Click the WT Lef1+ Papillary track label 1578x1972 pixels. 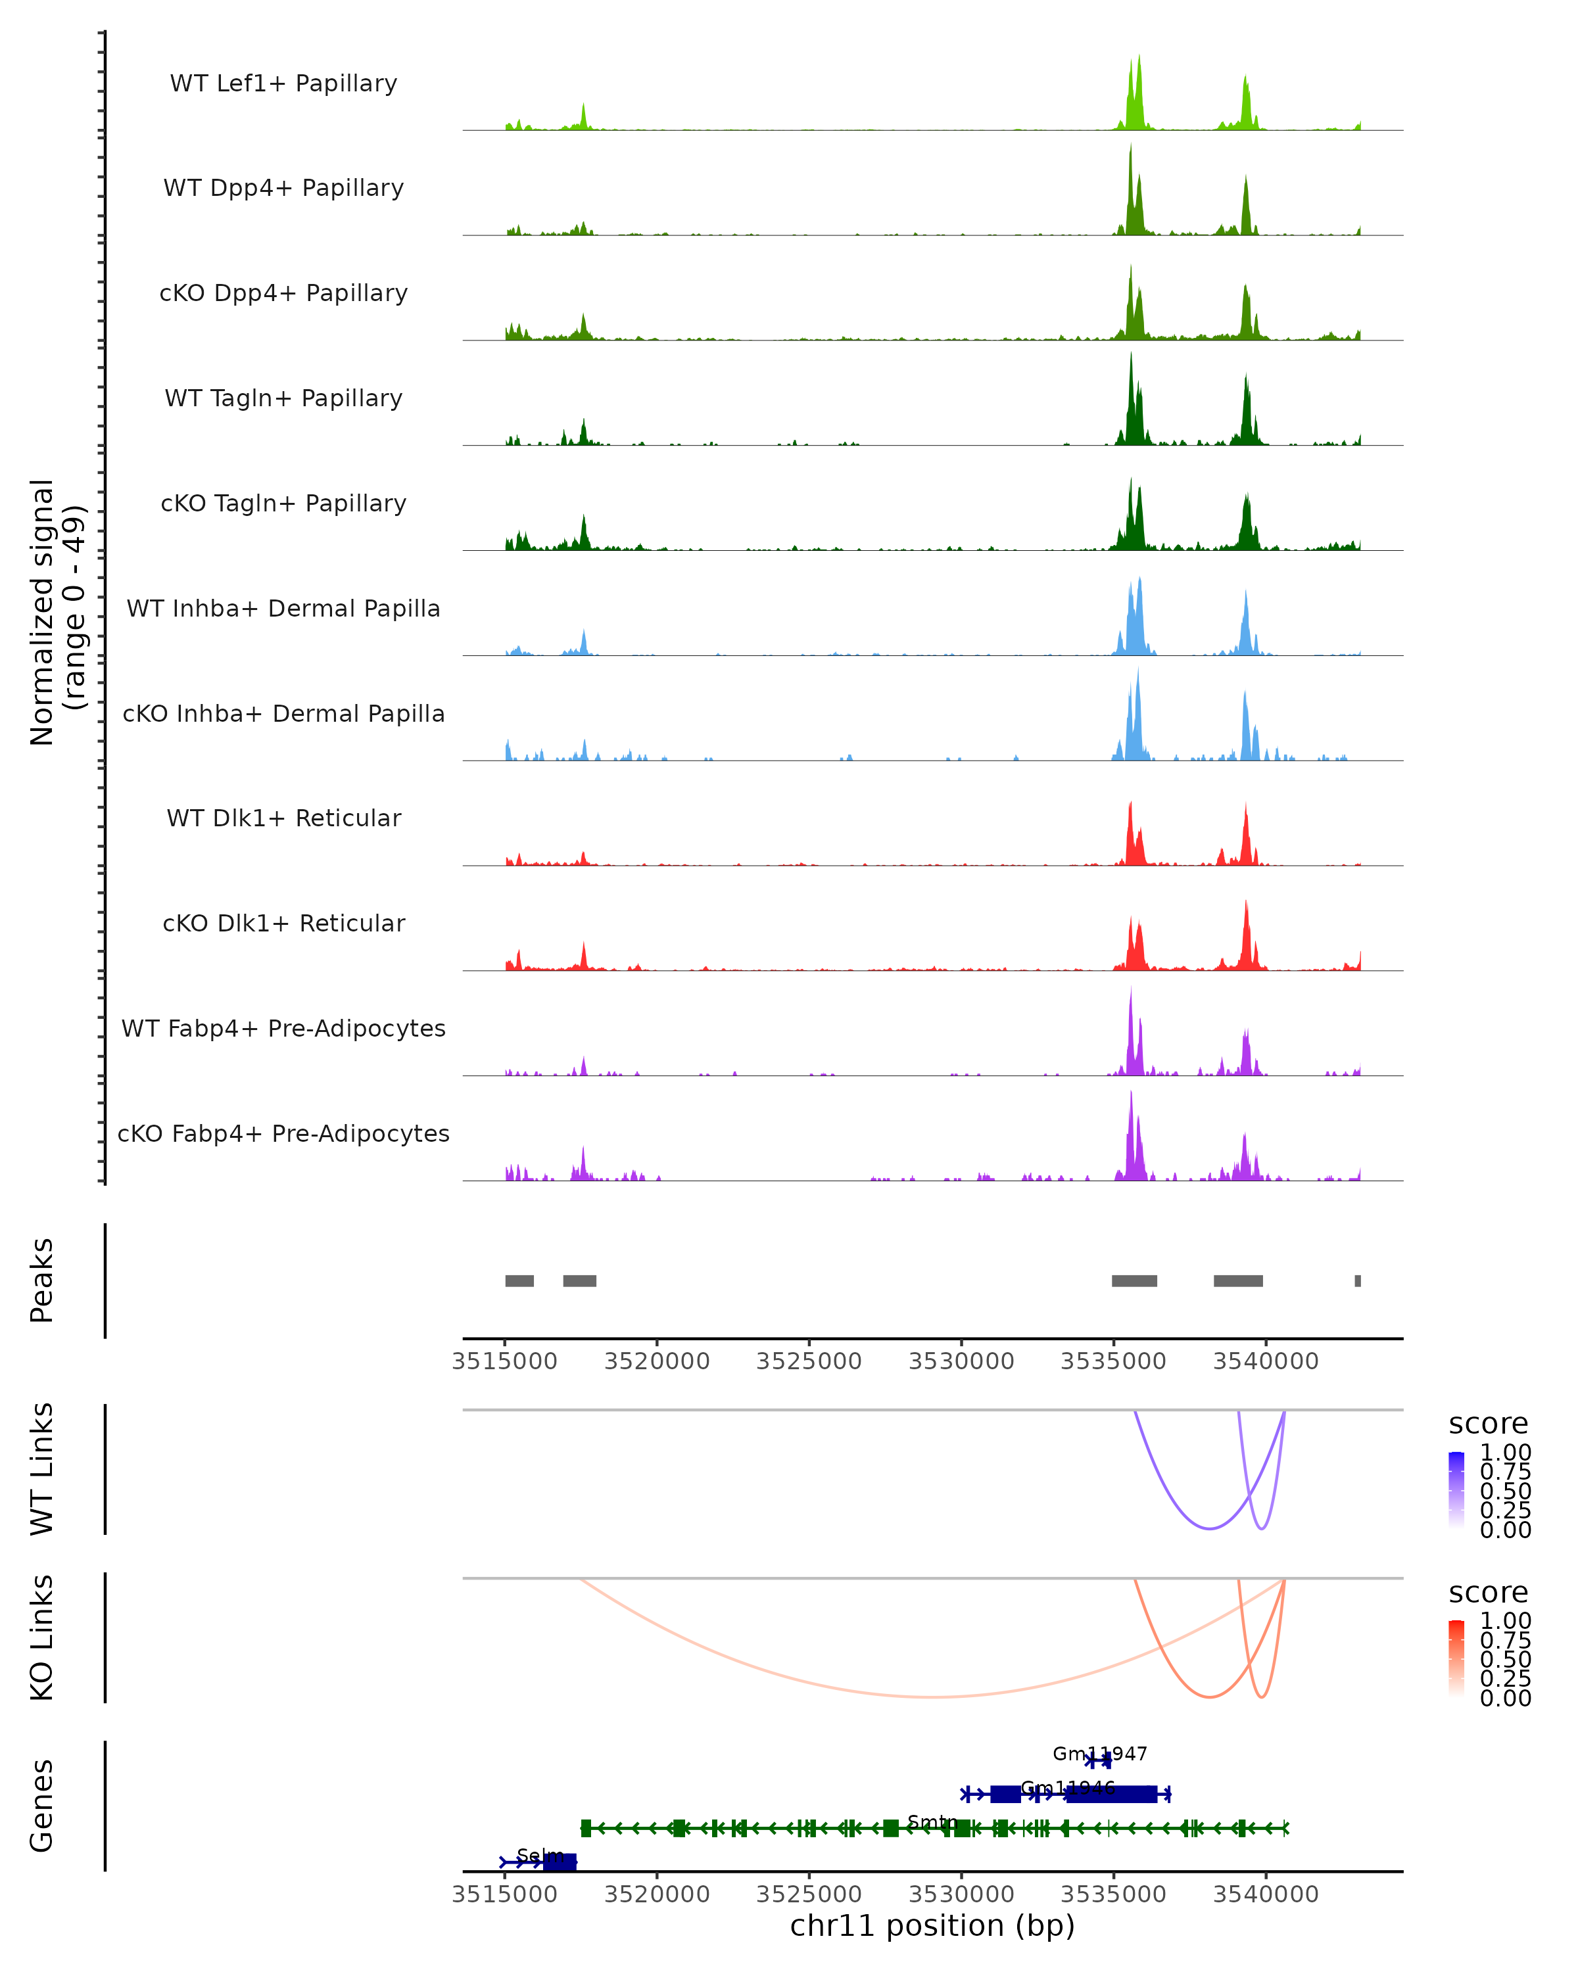pos(283,83)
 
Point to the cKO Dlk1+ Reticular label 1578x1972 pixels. pos(283,923)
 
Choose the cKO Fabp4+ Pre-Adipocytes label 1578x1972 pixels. pos(283,1133)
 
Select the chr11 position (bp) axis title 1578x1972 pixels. pos(932,1925)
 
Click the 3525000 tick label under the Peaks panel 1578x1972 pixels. pos(809,1361)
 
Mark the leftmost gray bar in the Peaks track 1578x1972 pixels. pos(519,1280)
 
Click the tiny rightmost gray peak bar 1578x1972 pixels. pos(1358,1280)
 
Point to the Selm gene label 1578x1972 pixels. pos(540,1855)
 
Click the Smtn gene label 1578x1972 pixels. pos(932,1822)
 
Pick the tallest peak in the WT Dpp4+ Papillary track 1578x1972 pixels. pos(1131,147)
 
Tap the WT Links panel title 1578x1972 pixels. pos(42,1469)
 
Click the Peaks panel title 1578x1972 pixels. pos(42,1280)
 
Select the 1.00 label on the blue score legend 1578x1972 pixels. pos(1506,1453)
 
